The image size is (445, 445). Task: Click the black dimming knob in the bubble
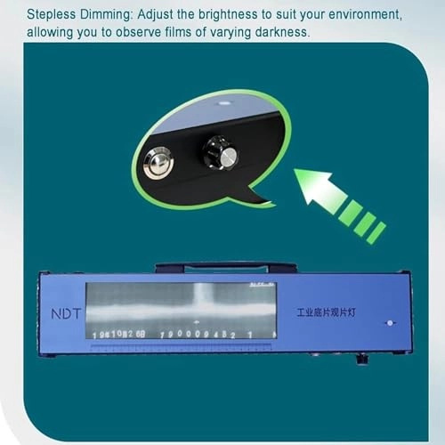tap(220, 154)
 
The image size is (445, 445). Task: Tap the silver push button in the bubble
tap(158, 163)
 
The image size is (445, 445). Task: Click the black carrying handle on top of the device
tap(225, 265)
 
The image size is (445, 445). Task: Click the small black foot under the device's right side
tap(361, 360)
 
